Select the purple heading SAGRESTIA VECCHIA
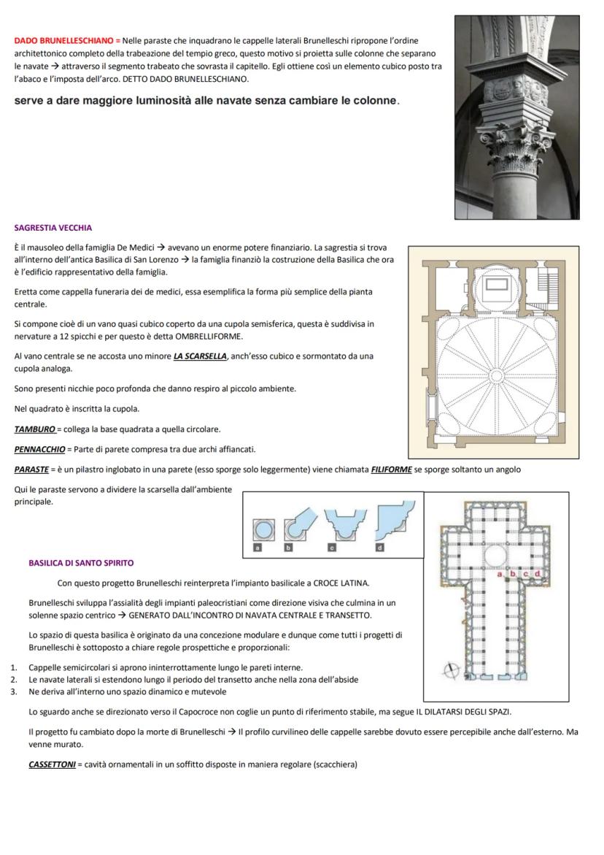pos(53,228)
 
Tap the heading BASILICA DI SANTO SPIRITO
pos(81,563)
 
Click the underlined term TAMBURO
pos(34,429)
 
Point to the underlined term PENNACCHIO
pos(39,449)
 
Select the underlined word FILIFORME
pos(391,469)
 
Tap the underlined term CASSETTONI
pos(52,764)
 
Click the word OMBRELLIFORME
pos(208,337)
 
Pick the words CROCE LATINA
pos(341,583)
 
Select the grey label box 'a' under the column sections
pos(257,546)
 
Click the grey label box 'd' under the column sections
pos(379,546)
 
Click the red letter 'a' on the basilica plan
pos(501,574)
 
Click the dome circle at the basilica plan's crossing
pos(495,556)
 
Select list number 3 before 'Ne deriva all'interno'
pos(13,691)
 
